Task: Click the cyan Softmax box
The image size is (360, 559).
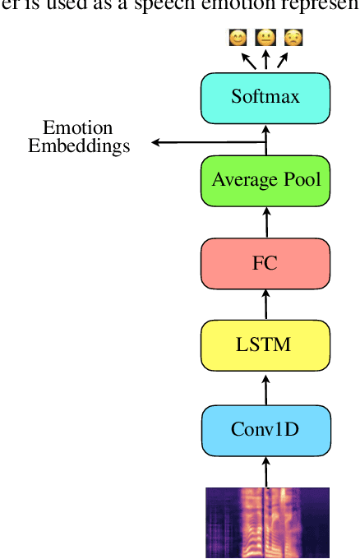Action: pos(265,98)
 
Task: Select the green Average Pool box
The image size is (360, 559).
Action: pos(265,180)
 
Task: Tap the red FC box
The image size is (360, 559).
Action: pos(265,264)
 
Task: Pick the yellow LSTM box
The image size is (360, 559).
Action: pos(265,345)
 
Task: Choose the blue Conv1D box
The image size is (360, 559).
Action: pos(265,429)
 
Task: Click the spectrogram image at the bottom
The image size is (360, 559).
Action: pos(267,522)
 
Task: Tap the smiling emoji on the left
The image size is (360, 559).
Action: pos(238,38)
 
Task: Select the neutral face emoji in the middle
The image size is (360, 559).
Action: pos(265,38)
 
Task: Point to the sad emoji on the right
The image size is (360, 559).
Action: pos(292,38)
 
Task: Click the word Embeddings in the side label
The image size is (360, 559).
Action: pos(79,147)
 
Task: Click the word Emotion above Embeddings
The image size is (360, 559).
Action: pos(78,128)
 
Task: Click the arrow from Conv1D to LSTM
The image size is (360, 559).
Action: pos(265,387)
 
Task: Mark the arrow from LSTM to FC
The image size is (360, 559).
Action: pos(265,305)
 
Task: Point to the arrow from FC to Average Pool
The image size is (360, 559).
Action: pos(265,222)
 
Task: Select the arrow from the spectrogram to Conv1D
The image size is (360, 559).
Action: pos(265,472)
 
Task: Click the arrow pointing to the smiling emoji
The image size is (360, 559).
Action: pos(247,60)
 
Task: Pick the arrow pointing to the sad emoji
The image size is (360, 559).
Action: pos(281,60)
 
